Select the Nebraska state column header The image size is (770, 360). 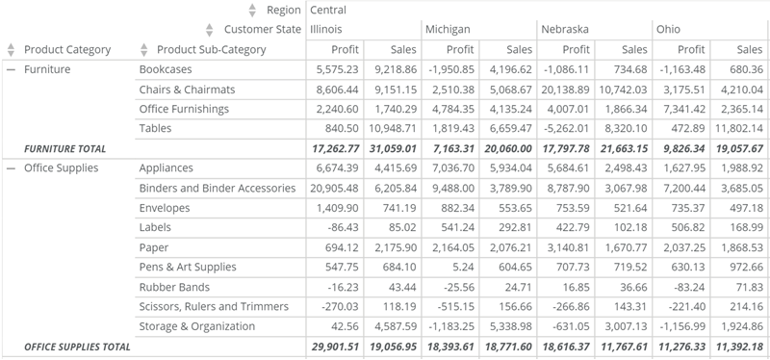tap(565, 30)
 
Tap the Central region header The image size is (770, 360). tap(328, 11)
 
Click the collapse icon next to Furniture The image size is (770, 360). tap(11, 70)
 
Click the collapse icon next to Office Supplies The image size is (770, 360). tap(11, 168)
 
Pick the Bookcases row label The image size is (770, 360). tap(166, 70)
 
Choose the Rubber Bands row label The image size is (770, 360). tap(174, 287)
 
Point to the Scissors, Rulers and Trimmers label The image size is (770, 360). tap(213, 306)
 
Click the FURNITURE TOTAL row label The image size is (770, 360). tap(64, 149)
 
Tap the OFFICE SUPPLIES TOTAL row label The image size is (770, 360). tap(77, 347)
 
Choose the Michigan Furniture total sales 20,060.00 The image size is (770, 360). tap(509, 149)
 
